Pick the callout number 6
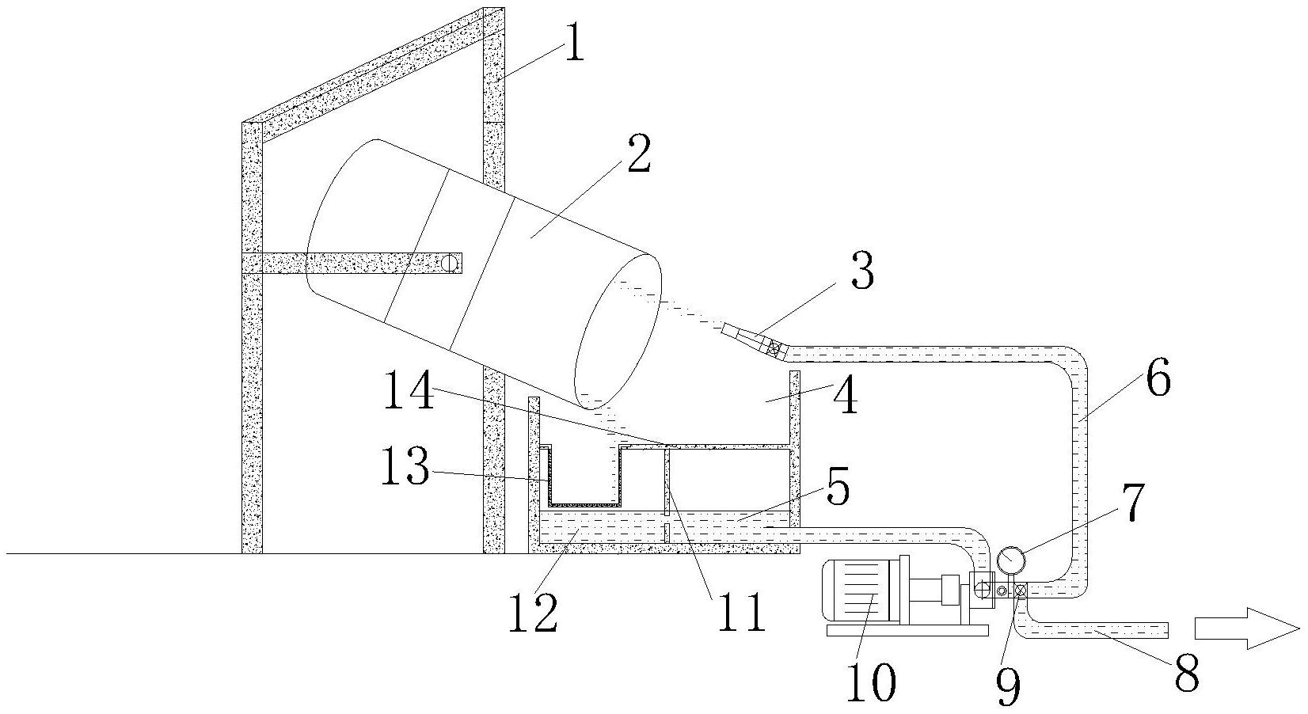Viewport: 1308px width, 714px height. point(1158,378)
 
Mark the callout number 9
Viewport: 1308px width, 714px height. point(1009,687)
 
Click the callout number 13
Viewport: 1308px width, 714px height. point(405,466)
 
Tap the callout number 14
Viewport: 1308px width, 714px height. point(409,389)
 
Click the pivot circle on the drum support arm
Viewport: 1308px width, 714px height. point(450,263)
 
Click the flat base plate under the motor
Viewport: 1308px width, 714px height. point(907,631)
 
